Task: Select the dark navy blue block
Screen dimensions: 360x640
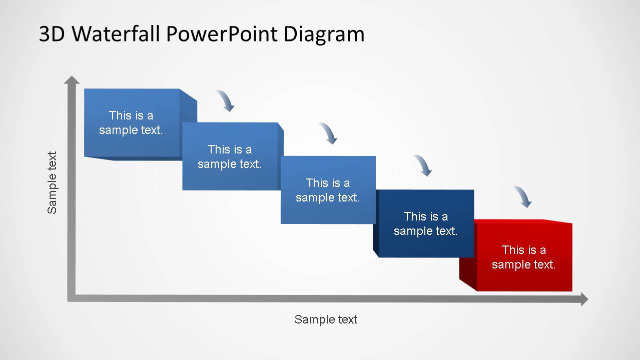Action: pyautogui.click(x=426, y=223)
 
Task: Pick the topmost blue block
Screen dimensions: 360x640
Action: pyautogui.click(x=132, y=123)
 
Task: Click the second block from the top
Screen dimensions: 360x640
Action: pyautogui.click(x=230, y=156)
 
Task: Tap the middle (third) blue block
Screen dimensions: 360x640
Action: pyautogui.click(x=328, y=190)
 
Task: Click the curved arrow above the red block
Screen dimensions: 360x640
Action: pyautogui.click(x=523, y=196)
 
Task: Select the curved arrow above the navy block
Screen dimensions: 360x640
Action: pyautogui.click(x=423, y=165)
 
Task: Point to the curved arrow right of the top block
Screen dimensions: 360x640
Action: pyautogui.click(x=226, y=100)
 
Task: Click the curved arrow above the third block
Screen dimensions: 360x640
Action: pyautogui.click(x=328, y=133)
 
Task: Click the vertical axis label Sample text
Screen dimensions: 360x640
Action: pyautogui.click(x=52, y=182)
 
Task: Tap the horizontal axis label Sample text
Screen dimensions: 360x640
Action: pyautogui.click(x=326, y=319)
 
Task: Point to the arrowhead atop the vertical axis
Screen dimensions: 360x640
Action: pyautogui.click(x=72, y=79)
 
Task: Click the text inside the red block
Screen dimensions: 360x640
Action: pyautogui.click(x=523, y=257)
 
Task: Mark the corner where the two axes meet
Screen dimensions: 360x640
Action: pyautogui.click(x=72, y=298)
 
